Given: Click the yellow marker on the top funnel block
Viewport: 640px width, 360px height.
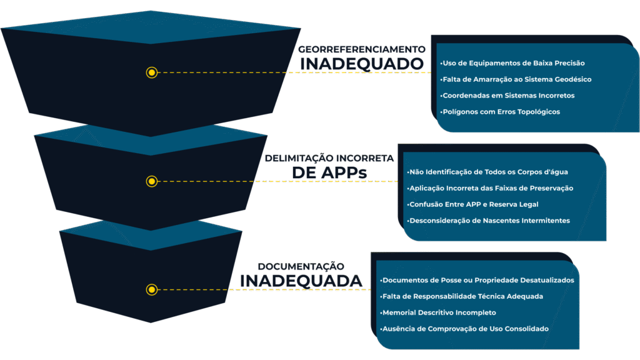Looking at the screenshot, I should click(151, 72).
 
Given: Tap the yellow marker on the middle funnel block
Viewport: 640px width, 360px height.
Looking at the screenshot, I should click(151, 181).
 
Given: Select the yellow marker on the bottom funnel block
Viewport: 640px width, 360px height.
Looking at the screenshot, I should click(151, 289).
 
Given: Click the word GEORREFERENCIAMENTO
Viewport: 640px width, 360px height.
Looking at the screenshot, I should click(362, 49).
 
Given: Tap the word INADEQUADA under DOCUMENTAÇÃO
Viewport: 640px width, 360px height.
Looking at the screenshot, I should click(301, 281).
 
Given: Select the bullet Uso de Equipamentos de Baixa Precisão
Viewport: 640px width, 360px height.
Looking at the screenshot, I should click(513, 63).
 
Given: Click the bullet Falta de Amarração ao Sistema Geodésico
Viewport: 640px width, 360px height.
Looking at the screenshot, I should click(516, 79).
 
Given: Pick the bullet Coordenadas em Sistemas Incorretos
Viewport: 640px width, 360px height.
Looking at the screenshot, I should click(508, 96).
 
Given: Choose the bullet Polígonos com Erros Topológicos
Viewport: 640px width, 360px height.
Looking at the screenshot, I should click(501, 112).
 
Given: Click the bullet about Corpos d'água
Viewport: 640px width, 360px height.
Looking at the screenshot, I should click(487, 172).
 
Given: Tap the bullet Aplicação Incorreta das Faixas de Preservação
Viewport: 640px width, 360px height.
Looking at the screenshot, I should click(490, 188).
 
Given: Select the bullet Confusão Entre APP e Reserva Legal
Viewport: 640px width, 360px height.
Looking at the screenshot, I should click(472, 204).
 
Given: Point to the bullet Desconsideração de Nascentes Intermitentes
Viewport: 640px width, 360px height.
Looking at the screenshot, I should click(488, 221).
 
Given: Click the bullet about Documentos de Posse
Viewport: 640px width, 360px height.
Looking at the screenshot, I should click(477, 280).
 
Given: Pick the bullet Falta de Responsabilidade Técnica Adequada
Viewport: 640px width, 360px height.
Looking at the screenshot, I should click(461, 296).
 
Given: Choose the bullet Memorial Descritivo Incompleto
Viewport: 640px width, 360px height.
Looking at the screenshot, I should click(438, 312).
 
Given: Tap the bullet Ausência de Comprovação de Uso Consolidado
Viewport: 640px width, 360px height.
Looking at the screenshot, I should click(464, 329).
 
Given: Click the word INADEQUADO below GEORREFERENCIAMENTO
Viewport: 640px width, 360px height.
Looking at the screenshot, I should click(362, 64).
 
